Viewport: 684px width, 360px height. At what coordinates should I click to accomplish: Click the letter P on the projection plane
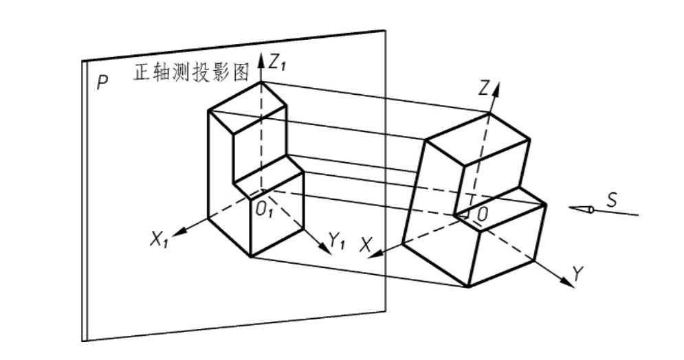(x=102, y=82)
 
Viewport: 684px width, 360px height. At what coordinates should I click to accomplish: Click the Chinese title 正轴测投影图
(x=191, y=72)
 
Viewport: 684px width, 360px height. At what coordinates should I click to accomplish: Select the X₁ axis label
(x=159, y=239)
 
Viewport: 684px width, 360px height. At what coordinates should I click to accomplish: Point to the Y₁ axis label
(x=336, y=240)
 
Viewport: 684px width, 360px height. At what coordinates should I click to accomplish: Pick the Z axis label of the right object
(x=483, y=89)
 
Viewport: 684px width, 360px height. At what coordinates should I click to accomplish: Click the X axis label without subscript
(x=366, y=245)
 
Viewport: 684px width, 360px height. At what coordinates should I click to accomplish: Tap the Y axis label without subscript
(x=577, y=274)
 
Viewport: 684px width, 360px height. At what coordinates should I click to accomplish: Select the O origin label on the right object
(x=482, y=214)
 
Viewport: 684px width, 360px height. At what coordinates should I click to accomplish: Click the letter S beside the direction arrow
(x=612, y=200)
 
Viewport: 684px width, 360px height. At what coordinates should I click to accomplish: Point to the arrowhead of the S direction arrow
(x=581, y=210)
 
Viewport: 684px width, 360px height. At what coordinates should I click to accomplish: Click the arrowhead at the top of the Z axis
(x=496, y=89)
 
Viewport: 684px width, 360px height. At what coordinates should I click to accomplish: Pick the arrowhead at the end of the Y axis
(x=568, y=282)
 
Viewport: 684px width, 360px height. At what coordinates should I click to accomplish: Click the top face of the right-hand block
(x=478, y=139)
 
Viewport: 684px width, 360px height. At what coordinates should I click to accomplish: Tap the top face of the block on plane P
(x=247, y=107)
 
